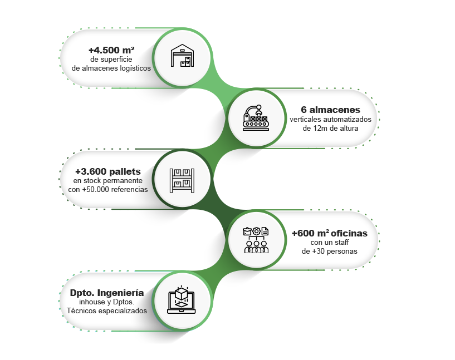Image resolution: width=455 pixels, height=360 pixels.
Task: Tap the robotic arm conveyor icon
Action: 256,117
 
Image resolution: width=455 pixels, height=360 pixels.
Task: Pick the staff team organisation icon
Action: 256,240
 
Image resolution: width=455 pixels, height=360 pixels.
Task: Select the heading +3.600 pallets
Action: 107,171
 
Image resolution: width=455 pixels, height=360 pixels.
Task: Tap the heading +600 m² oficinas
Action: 329,233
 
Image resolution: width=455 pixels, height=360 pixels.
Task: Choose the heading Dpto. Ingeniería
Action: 107,293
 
